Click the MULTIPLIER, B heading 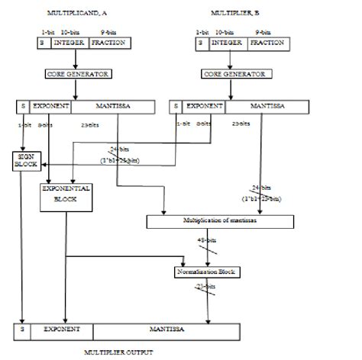coord(234,14)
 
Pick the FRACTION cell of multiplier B coord(268,43)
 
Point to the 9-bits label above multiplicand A coord(109,33)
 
